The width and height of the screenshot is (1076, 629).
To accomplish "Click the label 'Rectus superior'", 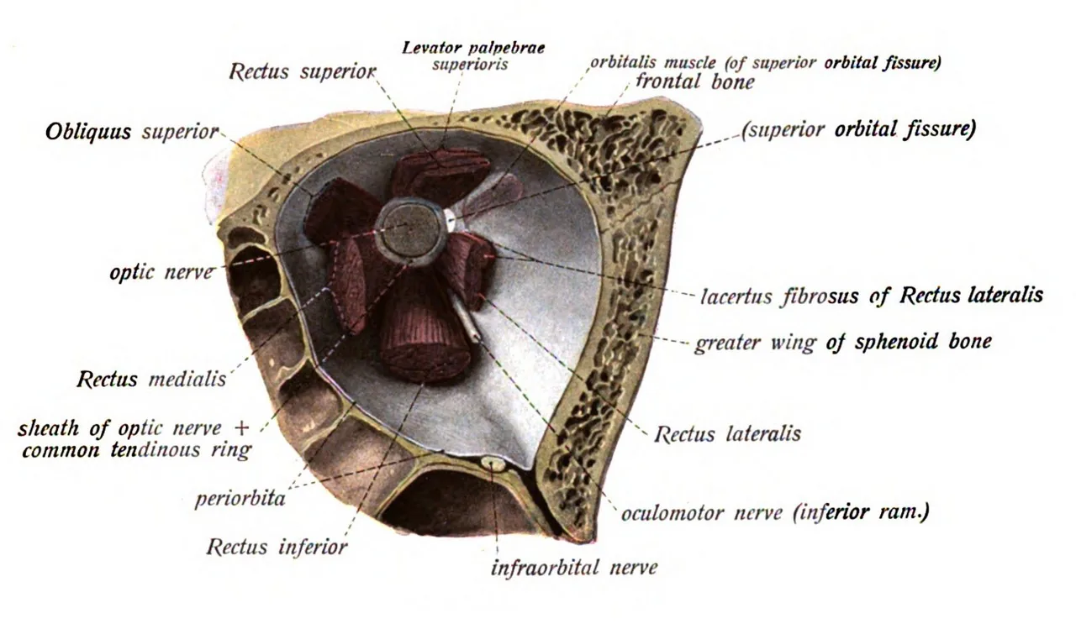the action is pyautogui.click(x=303, y=72).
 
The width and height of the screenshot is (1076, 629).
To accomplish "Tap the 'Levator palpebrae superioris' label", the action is pyautogui.click(x=473, y=56).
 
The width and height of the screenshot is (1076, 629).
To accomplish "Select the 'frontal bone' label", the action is pyautogui.click(x=695, y=82).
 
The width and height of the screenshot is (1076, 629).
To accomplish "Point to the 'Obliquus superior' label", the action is pyautogui.click(x=132, y=132).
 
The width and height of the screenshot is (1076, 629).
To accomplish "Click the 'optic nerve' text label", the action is pyautogui.click(x=161, y=273).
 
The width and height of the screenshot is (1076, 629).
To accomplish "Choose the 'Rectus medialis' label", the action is pyautogui.click(x=151, y=379).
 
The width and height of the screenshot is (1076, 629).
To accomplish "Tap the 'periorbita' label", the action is pyautogui.click(x=240, y=499).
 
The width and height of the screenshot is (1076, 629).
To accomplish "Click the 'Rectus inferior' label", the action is pyautogui.click(x=277, y=547).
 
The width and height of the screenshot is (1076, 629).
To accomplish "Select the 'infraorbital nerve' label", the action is pyautogui.click(x=574, y=568).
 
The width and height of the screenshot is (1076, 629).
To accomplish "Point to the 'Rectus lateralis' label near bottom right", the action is pyautogui.click(x=728, y=434).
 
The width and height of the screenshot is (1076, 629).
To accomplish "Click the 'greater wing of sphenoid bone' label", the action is pyautogui.click(x=843, y=343).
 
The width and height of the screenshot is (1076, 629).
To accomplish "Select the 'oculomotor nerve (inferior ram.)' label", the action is pyautogui.click(x=775, y=513).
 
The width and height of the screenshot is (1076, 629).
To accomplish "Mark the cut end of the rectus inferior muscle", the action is pyautogui.click(x=425, y=359).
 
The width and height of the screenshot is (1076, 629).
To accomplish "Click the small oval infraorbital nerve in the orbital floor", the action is pyautogui.click(x=493, y=464).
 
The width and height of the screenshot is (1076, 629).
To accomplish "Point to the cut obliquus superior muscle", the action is pyautogui.click(x=341, y=211).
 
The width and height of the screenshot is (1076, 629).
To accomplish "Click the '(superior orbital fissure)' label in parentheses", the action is pyautogui.click(x=858, y=130).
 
